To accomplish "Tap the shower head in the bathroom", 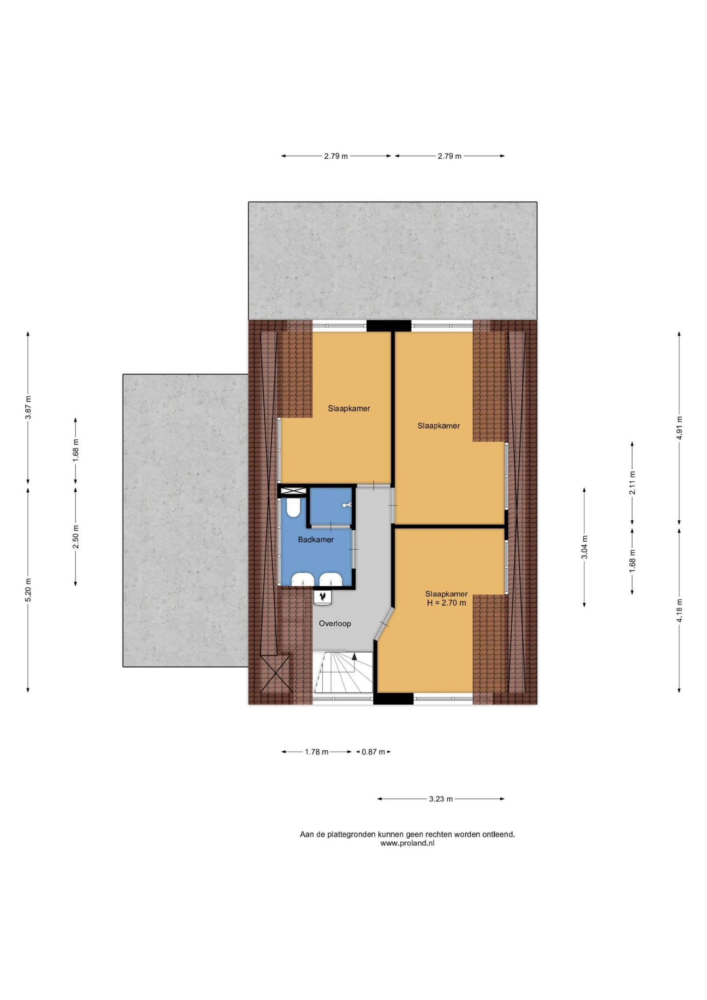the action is [x=348, y=505].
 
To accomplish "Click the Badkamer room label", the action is [x=315, y=540].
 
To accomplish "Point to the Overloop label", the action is [x=335, y=624].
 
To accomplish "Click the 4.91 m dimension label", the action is [x=679, y=428].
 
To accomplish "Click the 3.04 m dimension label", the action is [x=584, y=547].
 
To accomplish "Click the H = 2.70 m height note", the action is [x=446, y=602].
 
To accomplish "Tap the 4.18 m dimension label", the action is [x=679, y=610].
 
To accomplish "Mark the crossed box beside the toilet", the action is [x=293, y=490].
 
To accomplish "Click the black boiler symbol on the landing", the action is [x=323, y=597].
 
